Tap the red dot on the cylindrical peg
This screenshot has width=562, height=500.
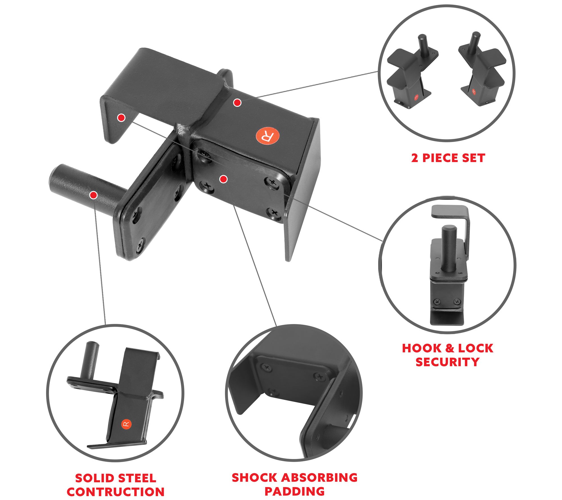point(94,195)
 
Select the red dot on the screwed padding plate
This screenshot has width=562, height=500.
point(224,179)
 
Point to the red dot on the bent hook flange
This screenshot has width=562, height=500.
point(121,118)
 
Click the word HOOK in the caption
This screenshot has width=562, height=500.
point(421,348)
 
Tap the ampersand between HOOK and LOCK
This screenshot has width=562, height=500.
point(450,348)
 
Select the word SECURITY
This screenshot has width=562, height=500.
point(447,362)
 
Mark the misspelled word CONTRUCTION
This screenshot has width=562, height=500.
point(116,492)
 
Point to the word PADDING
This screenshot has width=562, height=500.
point(295,491)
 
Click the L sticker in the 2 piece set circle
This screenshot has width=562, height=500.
point(416,98)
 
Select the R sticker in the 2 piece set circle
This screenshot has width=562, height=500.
point(474,91)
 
